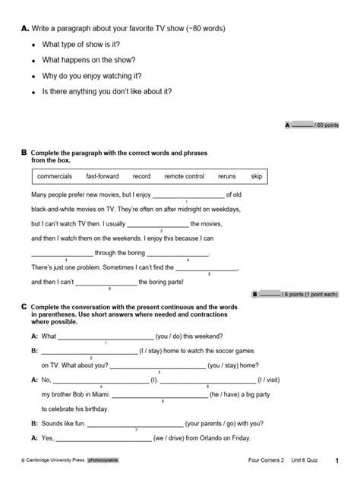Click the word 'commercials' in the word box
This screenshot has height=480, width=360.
click(x=55, y=176)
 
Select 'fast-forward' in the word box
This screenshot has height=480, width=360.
click(x=103, y=176)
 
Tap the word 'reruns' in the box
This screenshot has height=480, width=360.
click(x=226, y=176)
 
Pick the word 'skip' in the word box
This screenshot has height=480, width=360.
click(x=257, y=176)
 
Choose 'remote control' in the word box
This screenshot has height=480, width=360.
click(x=185, y=176)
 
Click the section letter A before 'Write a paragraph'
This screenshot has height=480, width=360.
click(x=24, y=29)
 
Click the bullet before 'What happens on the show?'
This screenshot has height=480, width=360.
click(x=33, y=60)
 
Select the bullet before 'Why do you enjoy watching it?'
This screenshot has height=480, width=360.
click(x=33, y=77)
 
